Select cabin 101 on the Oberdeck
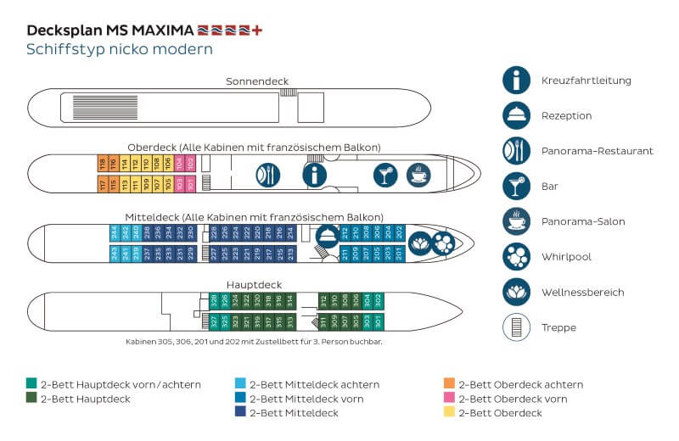[190, 182]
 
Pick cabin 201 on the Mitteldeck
[399, 252]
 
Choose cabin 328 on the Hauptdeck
[214, 300]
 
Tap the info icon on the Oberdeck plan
[316, 175]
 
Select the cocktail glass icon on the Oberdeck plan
[385, 175]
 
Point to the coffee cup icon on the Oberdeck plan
[419, 175]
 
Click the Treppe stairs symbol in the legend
[516, 327]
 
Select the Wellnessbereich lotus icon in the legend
[516, 292]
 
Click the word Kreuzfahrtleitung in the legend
[585, 80]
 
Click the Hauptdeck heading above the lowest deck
[254, 285]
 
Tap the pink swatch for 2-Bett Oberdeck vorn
[449, 399]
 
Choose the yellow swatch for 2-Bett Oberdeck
[449, 413]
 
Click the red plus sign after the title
[258, 30]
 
